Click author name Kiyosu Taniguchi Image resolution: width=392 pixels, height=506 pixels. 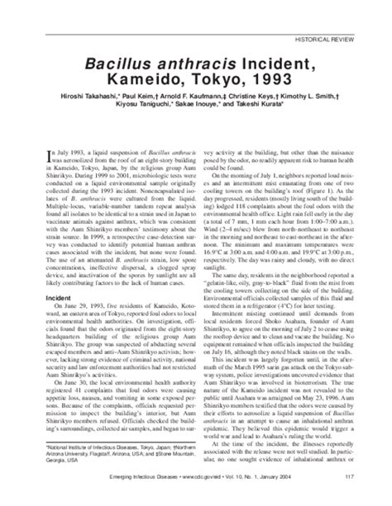pyautogui.click(x=141, y=117)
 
